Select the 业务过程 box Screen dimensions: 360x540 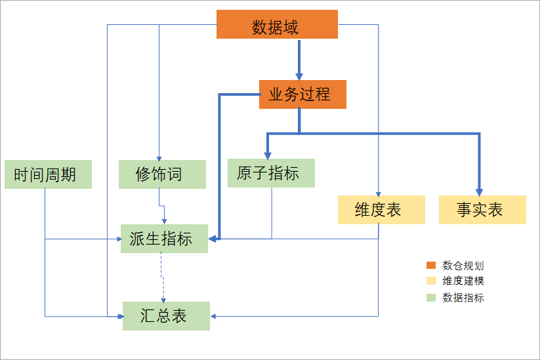tap(302, 94)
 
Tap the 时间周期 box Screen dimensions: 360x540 tap(47, 174)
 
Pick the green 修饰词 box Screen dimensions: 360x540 tap(162, 174)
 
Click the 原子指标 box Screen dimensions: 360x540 tap(271, 173)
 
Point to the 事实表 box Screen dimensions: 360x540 tap(482, 210)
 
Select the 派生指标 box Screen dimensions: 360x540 tap(164, 239)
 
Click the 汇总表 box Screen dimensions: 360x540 tap(166, 316)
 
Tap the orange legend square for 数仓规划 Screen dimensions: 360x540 tap(431, 266)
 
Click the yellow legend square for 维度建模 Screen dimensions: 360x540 tap(431, 281)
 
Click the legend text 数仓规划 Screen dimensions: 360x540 tap(463, 266)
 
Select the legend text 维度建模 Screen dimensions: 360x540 tap(463, 281)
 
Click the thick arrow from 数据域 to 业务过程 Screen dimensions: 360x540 tap(299, 59)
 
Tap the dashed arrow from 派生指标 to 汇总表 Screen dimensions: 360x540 tap(163, 275)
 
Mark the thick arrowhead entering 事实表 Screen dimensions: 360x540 tap(479, 190)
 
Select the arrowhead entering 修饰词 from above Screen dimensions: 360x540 tap(159, 155)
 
